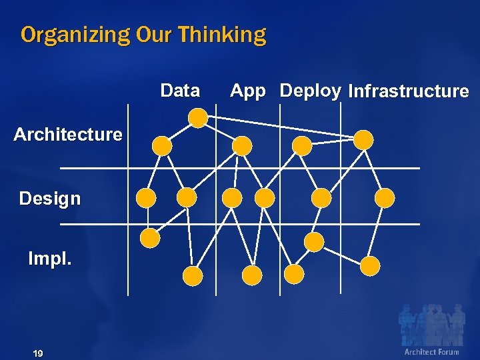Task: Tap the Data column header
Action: (x=180, y=91)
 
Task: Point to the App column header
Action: (x=248, y=91)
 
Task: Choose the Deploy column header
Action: (x=311, y=91)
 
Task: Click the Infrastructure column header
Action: (x=409, y=91)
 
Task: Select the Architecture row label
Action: (x=68, y=135)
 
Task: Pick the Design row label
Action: (x=50, y=198)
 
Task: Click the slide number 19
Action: (x=37, y=353)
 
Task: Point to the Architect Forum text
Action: (x=431, y=352)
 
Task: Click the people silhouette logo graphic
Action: (x=431, y=325)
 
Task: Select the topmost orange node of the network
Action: (x=198, y=118)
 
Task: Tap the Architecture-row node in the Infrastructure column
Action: (x=363, y=140)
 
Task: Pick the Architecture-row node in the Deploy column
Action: (x=303, y=146)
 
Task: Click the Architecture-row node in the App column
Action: (x=243, y=146)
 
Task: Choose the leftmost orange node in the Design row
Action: (x=146, y=197)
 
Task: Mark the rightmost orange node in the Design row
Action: (x=385, y=197)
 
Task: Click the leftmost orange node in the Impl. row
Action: (x=150, y=237)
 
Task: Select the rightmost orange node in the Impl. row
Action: (x=370, y=266)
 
